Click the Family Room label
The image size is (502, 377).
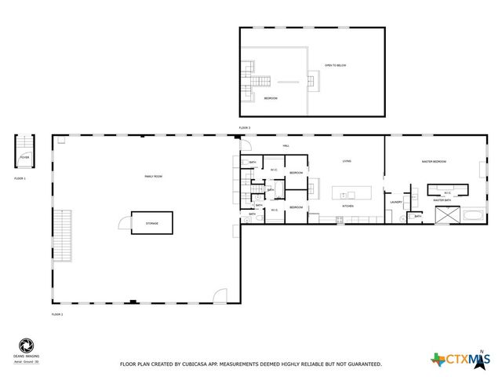coord(153,177)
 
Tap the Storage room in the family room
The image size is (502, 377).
coord(152,223)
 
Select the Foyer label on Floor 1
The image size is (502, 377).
coord(24,157)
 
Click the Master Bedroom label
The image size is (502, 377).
coord(434,162)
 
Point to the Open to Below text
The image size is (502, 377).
coord(336,65)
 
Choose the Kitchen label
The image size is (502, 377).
coord(347,207)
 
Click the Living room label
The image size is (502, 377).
coord(347,162)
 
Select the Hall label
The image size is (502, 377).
coord(286,146)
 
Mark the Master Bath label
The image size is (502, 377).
coord(442,200)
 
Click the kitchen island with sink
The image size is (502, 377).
coord(350,193)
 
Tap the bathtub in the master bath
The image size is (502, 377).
coord(474,214)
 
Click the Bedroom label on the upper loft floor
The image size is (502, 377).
coord(271,98)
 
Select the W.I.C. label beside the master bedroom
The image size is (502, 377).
coord(447,192)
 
